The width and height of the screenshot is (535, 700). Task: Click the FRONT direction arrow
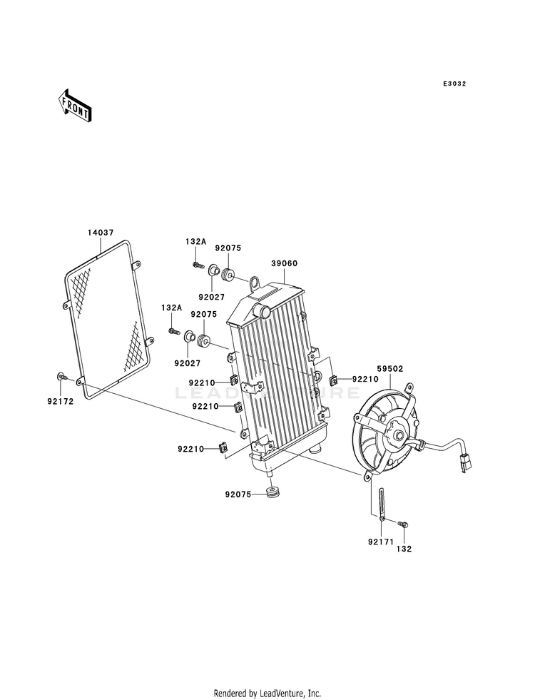[74, 105]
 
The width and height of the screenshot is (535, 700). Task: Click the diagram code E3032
[454, 83]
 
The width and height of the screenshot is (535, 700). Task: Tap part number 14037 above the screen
[101, 233]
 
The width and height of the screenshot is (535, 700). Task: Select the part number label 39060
[284, 263]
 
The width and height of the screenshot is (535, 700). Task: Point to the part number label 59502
[390, 369]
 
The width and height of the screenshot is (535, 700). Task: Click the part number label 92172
[60, 401]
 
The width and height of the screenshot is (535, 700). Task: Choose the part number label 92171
[381, 542]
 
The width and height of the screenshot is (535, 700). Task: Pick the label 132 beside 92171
[404, 549]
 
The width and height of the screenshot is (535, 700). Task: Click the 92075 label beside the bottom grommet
[238, 494]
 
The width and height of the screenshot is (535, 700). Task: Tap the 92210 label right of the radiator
[365, 379]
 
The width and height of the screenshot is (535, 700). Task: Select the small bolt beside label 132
[404, 523]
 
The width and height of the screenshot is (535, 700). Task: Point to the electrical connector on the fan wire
[466, 462]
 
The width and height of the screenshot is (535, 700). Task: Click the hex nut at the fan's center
[399, 434]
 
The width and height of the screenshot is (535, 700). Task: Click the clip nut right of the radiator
[333, 380]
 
